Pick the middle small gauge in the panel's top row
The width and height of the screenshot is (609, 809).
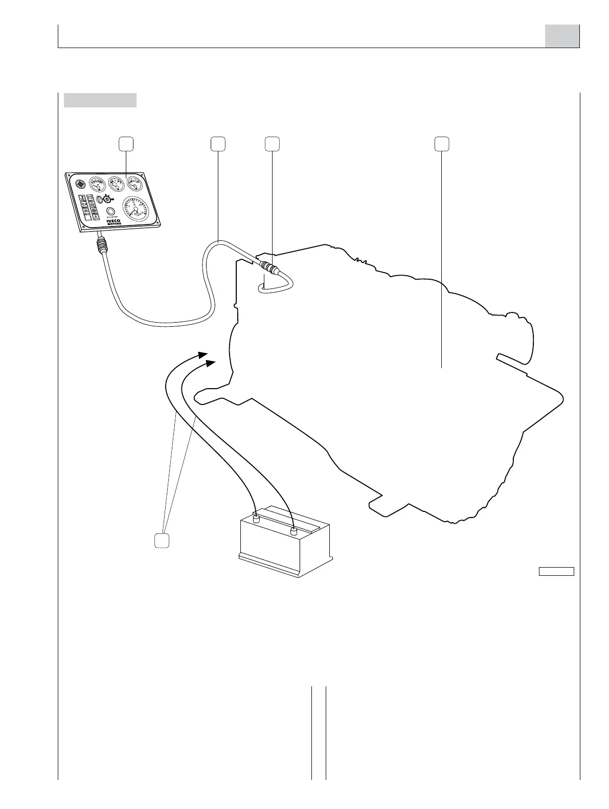click(116, 184)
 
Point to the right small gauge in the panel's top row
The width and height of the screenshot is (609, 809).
click(134, 183)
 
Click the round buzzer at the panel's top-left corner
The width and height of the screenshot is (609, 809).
click(80, 184)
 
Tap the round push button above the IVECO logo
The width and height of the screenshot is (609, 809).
click(109, 211)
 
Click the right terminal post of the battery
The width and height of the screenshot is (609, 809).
click(294, 532)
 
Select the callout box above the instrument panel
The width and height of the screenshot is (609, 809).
click(126, 144)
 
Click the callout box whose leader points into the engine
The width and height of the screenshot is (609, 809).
click(442, 144)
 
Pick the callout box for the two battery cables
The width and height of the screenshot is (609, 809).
click(162, 541)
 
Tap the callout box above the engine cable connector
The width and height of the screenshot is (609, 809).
click(272, 144)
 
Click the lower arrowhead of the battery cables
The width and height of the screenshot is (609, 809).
click(210, 363)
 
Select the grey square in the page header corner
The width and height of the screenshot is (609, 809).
click(562, 36)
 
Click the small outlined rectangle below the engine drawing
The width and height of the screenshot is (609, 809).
click(557, 571)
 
